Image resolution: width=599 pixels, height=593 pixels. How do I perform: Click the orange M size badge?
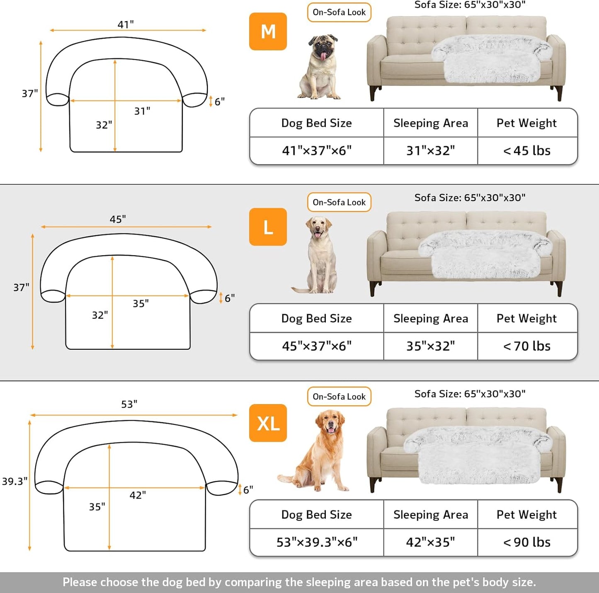(x=268, y=31)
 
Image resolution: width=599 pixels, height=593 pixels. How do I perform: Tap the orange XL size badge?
(x=268, y=423)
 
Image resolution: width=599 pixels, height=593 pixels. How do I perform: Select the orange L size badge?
(x=268, y=227)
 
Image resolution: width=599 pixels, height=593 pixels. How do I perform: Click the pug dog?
(x=320, y=67)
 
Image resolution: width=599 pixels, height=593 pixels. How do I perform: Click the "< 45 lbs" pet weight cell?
(x=527, y=150)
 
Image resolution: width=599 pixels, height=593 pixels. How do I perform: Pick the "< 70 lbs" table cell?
(x=527, y=346)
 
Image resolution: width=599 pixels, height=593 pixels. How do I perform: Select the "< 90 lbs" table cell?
(x=527, y=542)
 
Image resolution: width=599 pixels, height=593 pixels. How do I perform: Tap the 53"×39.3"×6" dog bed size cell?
(x=317, y=542)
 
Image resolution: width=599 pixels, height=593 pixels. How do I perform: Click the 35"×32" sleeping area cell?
(x=430, y=346)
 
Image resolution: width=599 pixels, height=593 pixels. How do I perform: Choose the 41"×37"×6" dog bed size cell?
(x=317, y=150)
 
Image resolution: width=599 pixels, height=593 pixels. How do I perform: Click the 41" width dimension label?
(x=125, y=24)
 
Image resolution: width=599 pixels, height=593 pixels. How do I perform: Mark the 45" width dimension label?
(x=118, y=219)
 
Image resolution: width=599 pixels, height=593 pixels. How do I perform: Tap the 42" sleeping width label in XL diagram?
(x=138, y=495)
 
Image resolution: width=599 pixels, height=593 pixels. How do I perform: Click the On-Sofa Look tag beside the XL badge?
(x=339, y=397)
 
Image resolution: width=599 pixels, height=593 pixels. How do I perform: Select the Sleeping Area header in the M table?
(x=430, y=123)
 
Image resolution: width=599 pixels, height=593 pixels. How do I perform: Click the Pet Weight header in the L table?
(x=527, y=318)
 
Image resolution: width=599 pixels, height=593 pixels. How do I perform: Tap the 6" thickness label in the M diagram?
(x=220, y=102)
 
